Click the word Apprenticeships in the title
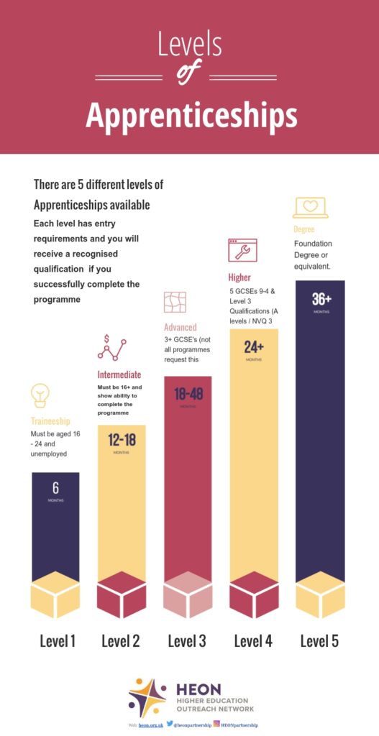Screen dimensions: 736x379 [x=191, y=114]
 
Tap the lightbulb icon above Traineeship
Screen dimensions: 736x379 [x=40, y=395]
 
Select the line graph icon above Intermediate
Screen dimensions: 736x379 [x=111, y=348]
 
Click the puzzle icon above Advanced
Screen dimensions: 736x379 [x=175, y=303]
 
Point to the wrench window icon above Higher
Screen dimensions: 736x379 [x=238, y=251]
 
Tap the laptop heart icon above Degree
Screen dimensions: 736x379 [x=310, y=207]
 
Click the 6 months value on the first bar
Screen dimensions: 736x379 [x=55, y=488]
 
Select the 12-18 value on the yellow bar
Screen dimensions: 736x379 [x=122, y=440]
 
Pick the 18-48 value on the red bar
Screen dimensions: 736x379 [x=188, y=393]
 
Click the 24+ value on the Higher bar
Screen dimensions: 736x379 [x=254, y=347]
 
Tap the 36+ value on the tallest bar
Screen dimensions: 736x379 [x=321, y=299]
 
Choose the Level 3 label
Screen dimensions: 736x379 [x=187, y=641]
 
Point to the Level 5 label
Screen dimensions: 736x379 [x=319, y=641]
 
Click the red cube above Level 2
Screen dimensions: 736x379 [x=122, y=594]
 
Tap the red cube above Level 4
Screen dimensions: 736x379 [x=254, y=594]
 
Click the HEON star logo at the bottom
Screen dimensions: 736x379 [x=147, y=697]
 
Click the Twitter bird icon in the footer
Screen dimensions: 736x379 [x=170, y=725]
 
